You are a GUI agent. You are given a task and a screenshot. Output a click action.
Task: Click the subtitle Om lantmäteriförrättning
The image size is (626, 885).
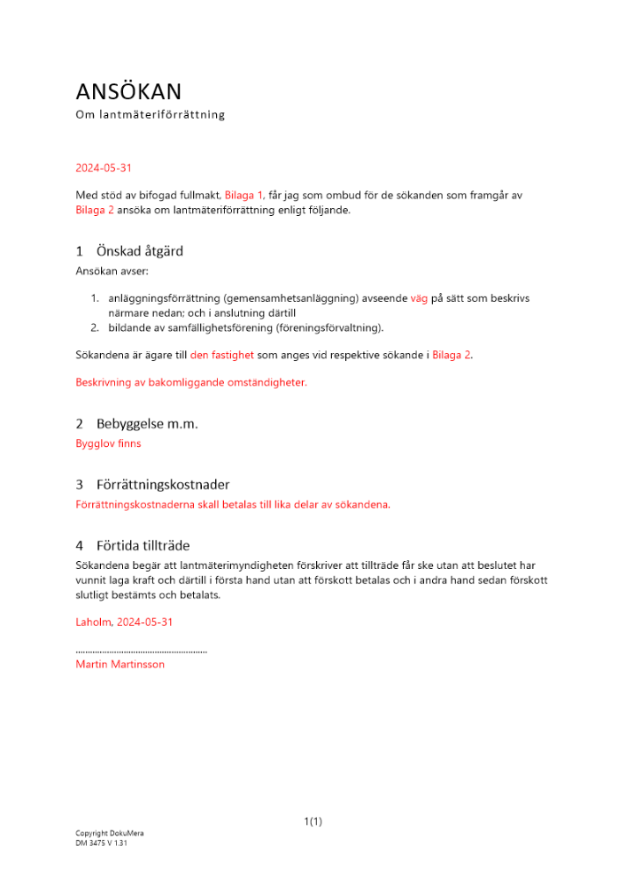tap(151, 115)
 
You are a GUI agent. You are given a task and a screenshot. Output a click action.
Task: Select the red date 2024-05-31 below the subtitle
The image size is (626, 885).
tap(104, 167)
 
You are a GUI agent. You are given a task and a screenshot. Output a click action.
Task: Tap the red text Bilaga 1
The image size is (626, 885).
tap(244, 195)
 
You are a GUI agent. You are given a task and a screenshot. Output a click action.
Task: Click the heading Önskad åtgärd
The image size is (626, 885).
tap(140, 251)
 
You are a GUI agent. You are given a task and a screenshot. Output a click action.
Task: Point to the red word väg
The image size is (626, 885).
tap(418, 299)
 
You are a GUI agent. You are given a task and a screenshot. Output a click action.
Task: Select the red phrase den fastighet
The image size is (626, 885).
tap(221, 355)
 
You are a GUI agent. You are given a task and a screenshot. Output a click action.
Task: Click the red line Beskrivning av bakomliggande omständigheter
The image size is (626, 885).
tap(191, 383)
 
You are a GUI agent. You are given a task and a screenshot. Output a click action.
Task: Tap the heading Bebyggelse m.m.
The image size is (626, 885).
tap(147, 424)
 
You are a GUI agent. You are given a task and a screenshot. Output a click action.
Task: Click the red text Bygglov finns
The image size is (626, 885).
tap(109, 443)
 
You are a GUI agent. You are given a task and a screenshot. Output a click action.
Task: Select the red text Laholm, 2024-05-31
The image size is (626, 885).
tap(125, 622)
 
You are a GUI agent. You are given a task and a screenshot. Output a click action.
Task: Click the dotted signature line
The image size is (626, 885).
tap(142, 651)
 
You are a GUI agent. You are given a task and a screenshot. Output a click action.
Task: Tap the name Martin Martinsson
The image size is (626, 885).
tap(120, 665)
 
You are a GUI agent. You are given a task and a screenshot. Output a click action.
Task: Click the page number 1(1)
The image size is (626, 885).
tap(313, 822)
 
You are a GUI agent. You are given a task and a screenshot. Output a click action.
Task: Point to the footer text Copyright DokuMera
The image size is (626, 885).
tap(110, 834)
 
